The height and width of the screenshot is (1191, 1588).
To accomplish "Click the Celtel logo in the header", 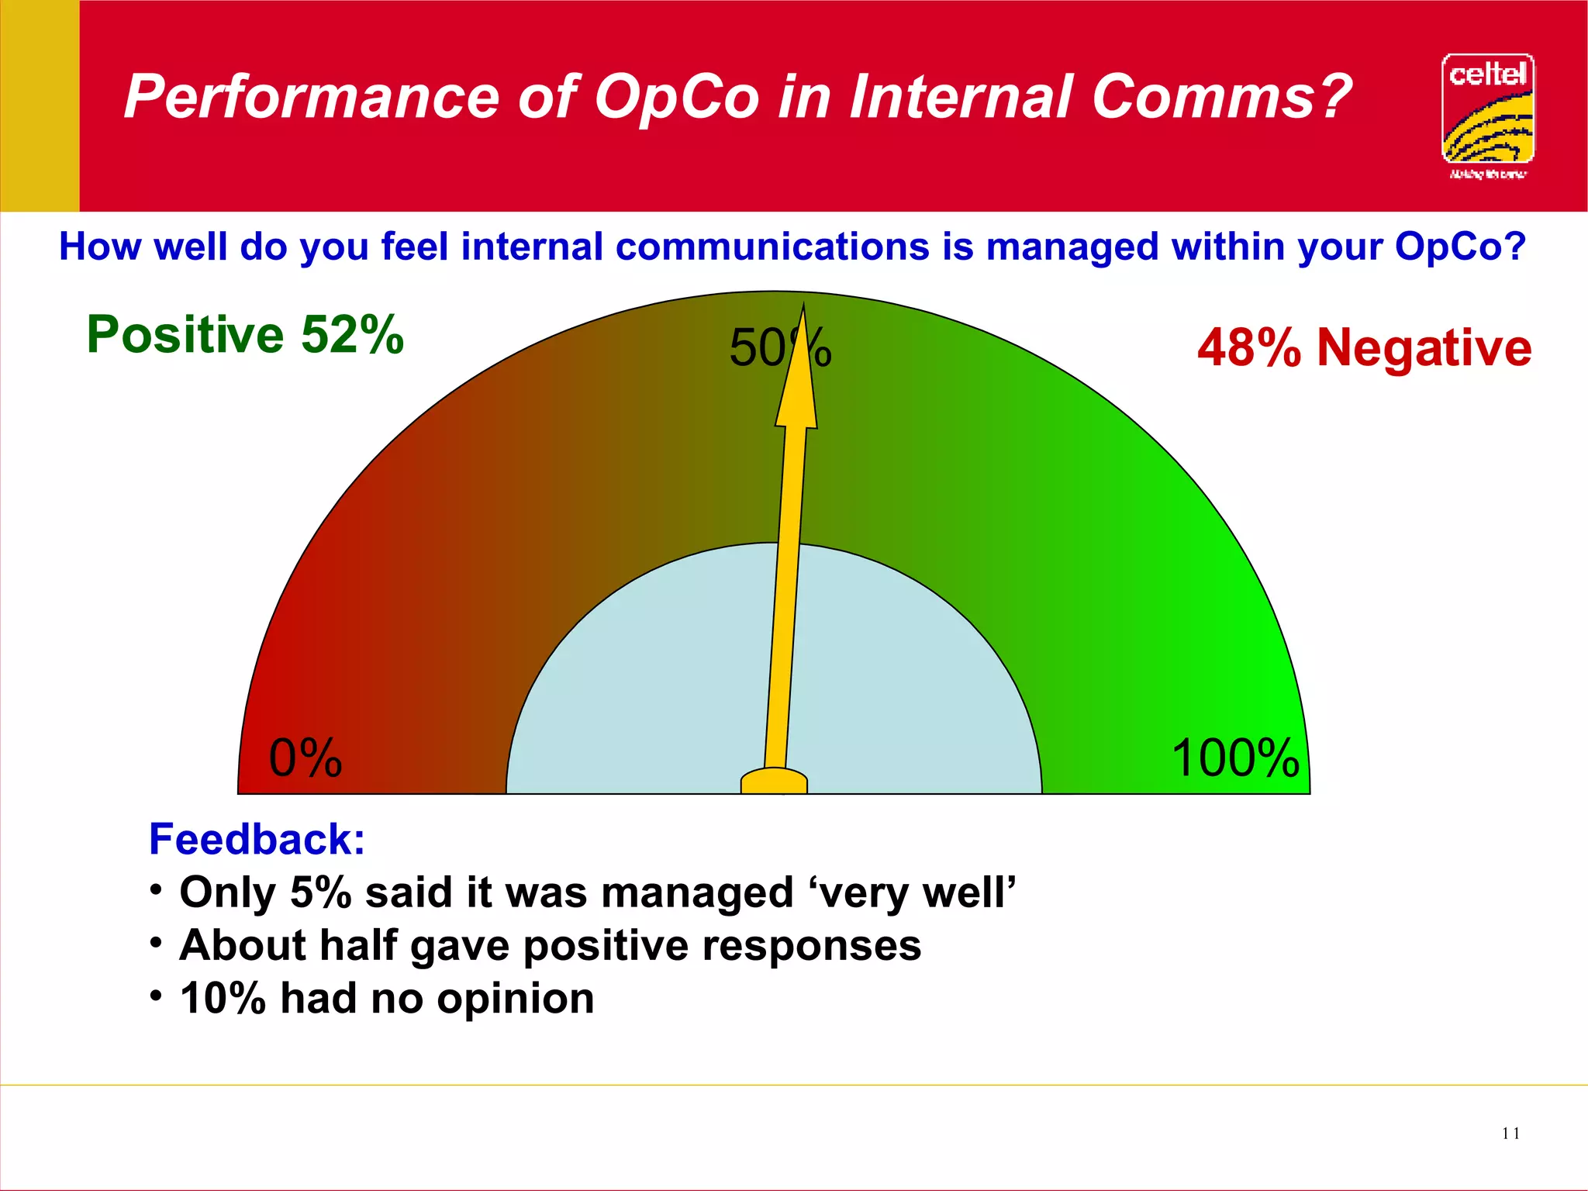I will point(1487,112).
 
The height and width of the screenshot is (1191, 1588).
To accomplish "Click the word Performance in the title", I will point(310,97).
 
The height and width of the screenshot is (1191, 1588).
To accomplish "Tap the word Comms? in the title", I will point(1221,97).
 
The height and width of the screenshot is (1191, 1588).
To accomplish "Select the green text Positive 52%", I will point(245,335).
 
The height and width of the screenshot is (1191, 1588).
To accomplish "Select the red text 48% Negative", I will point(1364,347).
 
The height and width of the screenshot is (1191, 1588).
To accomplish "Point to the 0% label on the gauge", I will point(305,758).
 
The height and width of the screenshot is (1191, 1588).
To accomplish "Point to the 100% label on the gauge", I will point(1234,758).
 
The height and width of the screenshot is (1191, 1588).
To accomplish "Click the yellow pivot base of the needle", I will point(774,782).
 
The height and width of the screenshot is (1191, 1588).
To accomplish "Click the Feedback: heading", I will point(257,840).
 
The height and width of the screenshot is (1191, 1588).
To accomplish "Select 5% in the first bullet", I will point(320,892).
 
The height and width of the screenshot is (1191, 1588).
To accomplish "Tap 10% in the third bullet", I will point(223,998).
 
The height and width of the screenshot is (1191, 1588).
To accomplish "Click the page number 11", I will point(1510,1134).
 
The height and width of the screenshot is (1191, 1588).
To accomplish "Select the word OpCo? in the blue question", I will point(1459,247).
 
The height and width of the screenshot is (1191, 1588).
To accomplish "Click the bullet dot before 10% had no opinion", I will point(157,995).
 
